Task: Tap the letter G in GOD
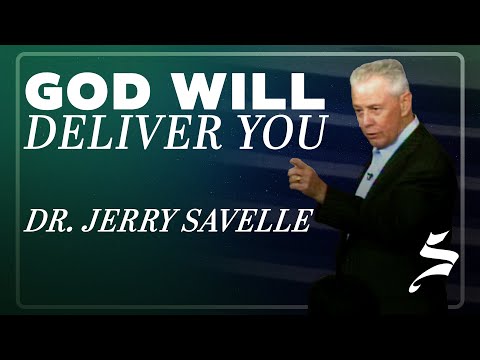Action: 43,92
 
